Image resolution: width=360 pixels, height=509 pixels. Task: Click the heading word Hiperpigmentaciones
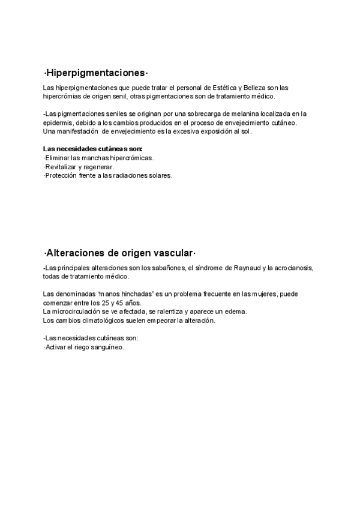point(95,73)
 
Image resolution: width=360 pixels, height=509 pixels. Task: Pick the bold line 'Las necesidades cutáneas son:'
point(93,149)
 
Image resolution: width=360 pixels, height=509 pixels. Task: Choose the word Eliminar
point(58,158)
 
